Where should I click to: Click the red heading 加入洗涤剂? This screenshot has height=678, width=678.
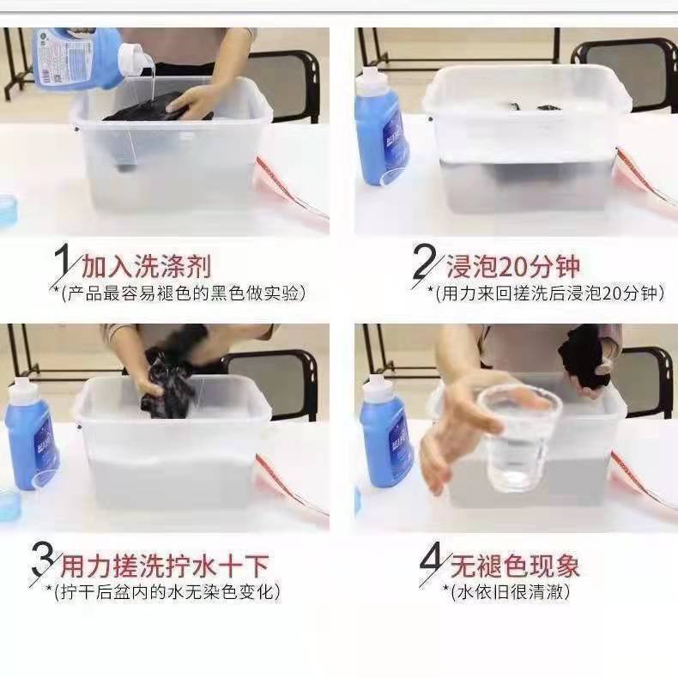pyautogui.click(x=146, y=266)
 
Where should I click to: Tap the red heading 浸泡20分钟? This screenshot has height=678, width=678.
pyautogui.click(x=512, y=266)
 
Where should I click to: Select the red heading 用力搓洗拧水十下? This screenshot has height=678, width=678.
pyautogui.click(x=165, y=565)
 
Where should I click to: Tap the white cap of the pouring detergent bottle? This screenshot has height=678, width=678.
pyautogui.click(x=135, y=61)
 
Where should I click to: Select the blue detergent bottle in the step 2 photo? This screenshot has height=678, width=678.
pyautogui.click(x=381, y=128)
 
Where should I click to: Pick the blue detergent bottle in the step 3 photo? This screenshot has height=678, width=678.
pyautogui.click(x=31, y=433)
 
